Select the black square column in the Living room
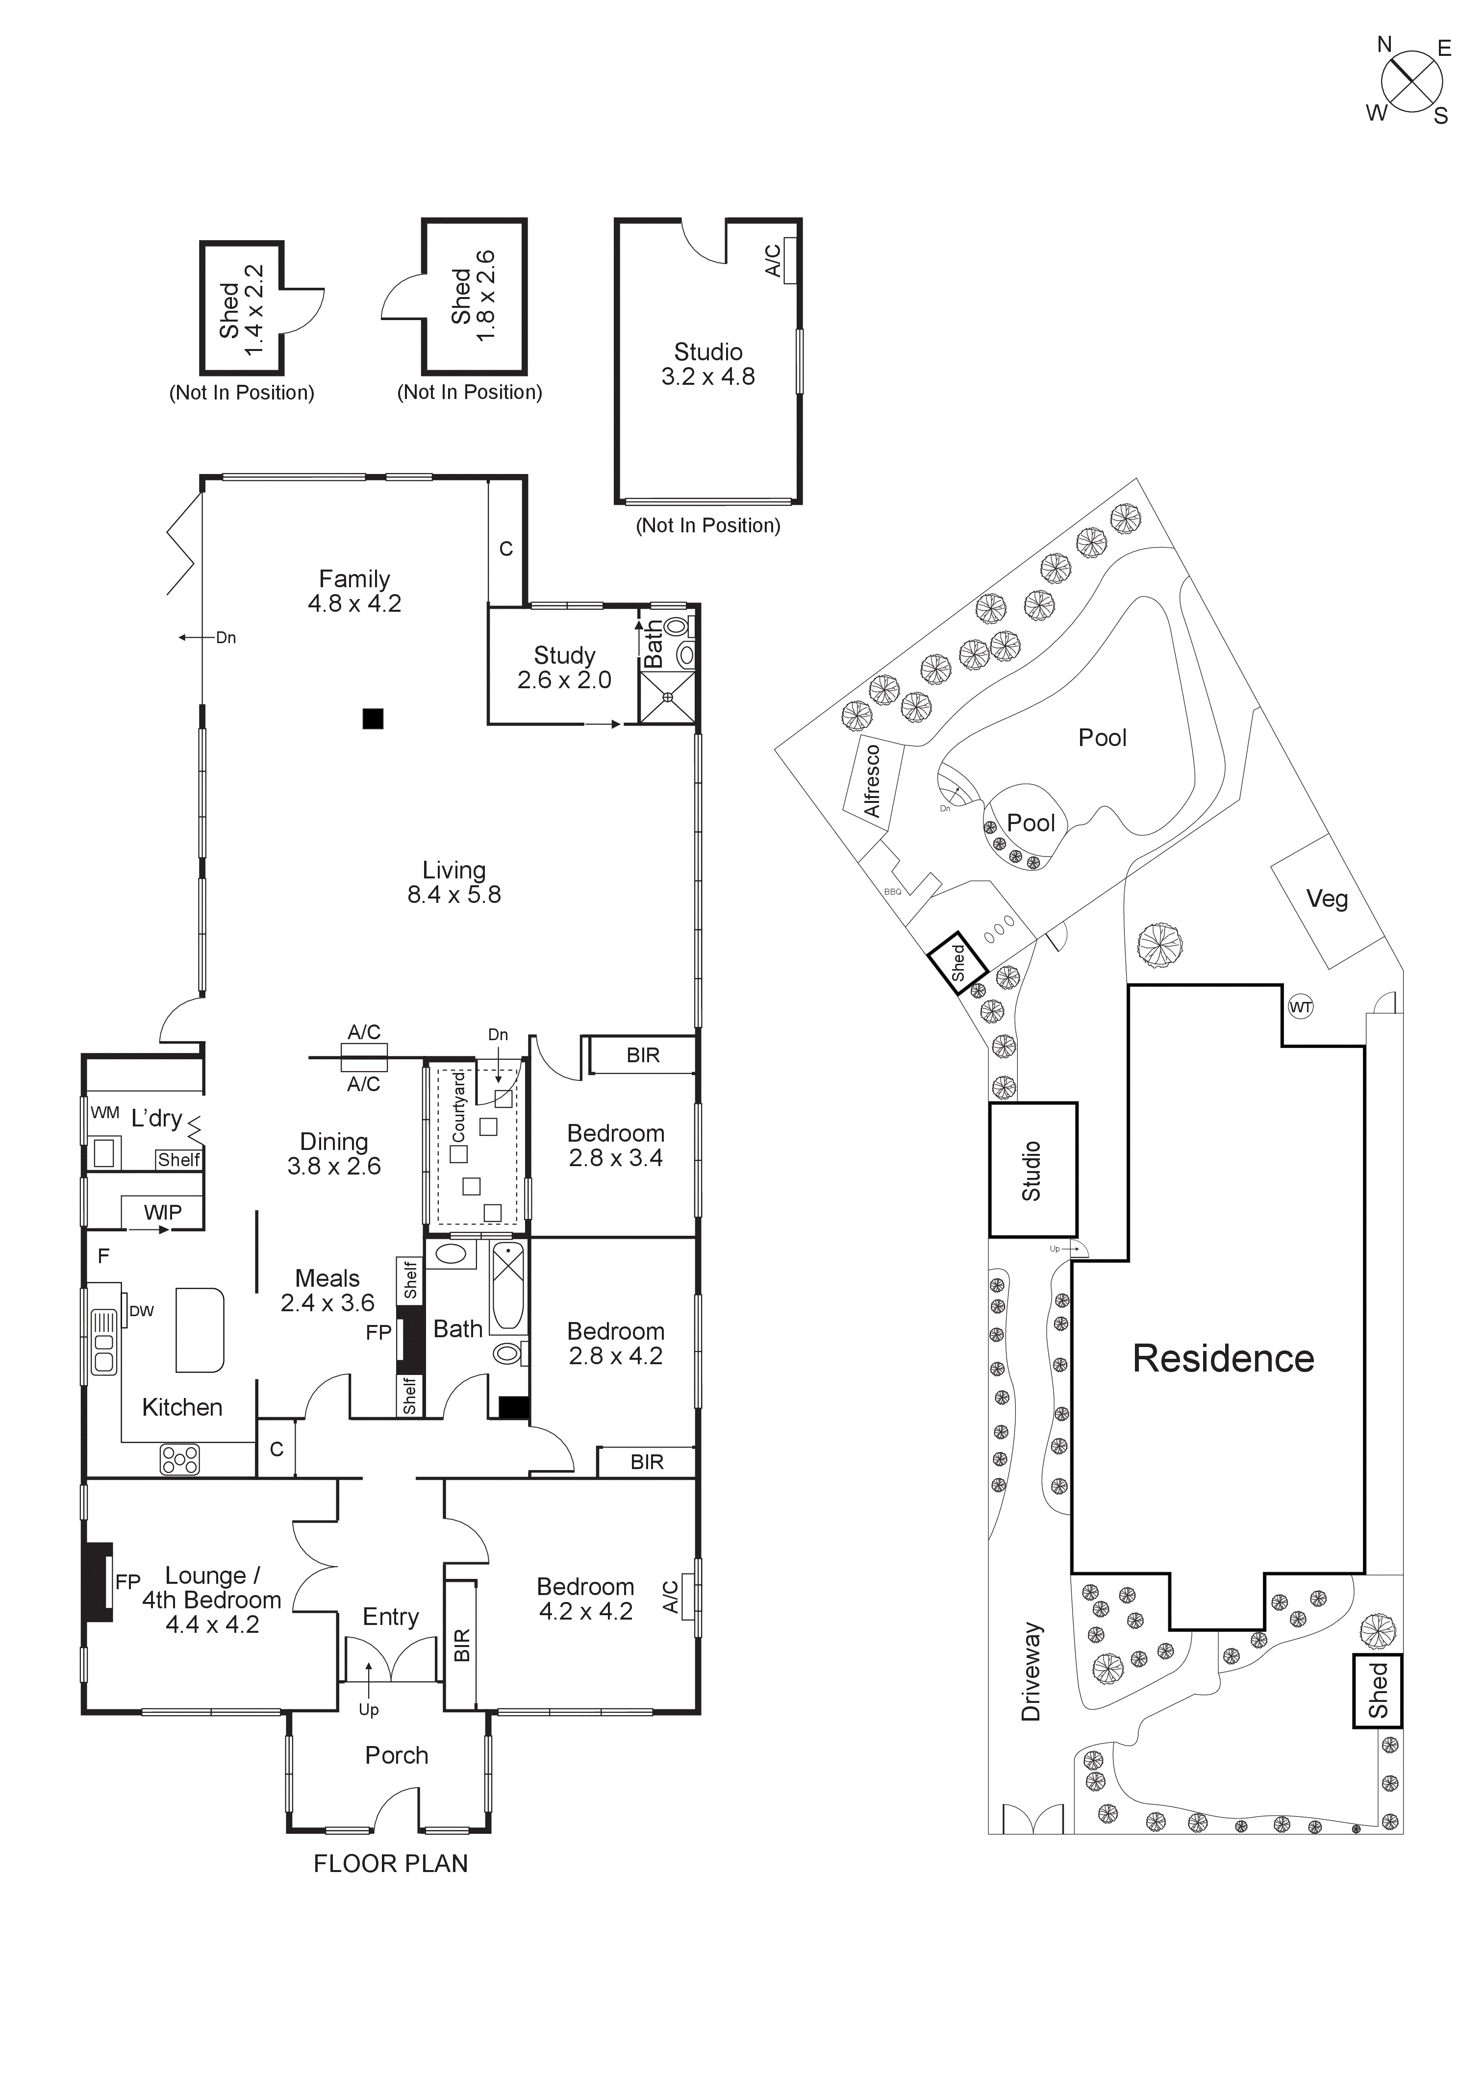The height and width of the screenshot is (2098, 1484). click(x=372, y=718)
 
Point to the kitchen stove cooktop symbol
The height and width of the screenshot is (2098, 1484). click(x=179, y=1459)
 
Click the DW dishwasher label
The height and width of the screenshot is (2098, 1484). click(x=142, y=1311)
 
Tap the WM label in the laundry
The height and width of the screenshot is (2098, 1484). click(x=105, y=1113)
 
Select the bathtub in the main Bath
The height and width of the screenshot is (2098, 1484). click(x=507, y=1288)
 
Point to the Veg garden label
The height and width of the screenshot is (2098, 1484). click(x=1327, y=899)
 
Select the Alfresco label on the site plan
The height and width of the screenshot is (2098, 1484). click(x=873, y=781)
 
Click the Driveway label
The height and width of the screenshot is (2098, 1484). click(x=1031, y=1672)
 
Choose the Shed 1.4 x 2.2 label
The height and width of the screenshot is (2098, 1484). click(x=241, y=310)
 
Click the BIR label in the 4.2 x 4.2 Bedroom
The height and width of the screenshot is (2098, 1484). click(x=461, y=1646)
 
